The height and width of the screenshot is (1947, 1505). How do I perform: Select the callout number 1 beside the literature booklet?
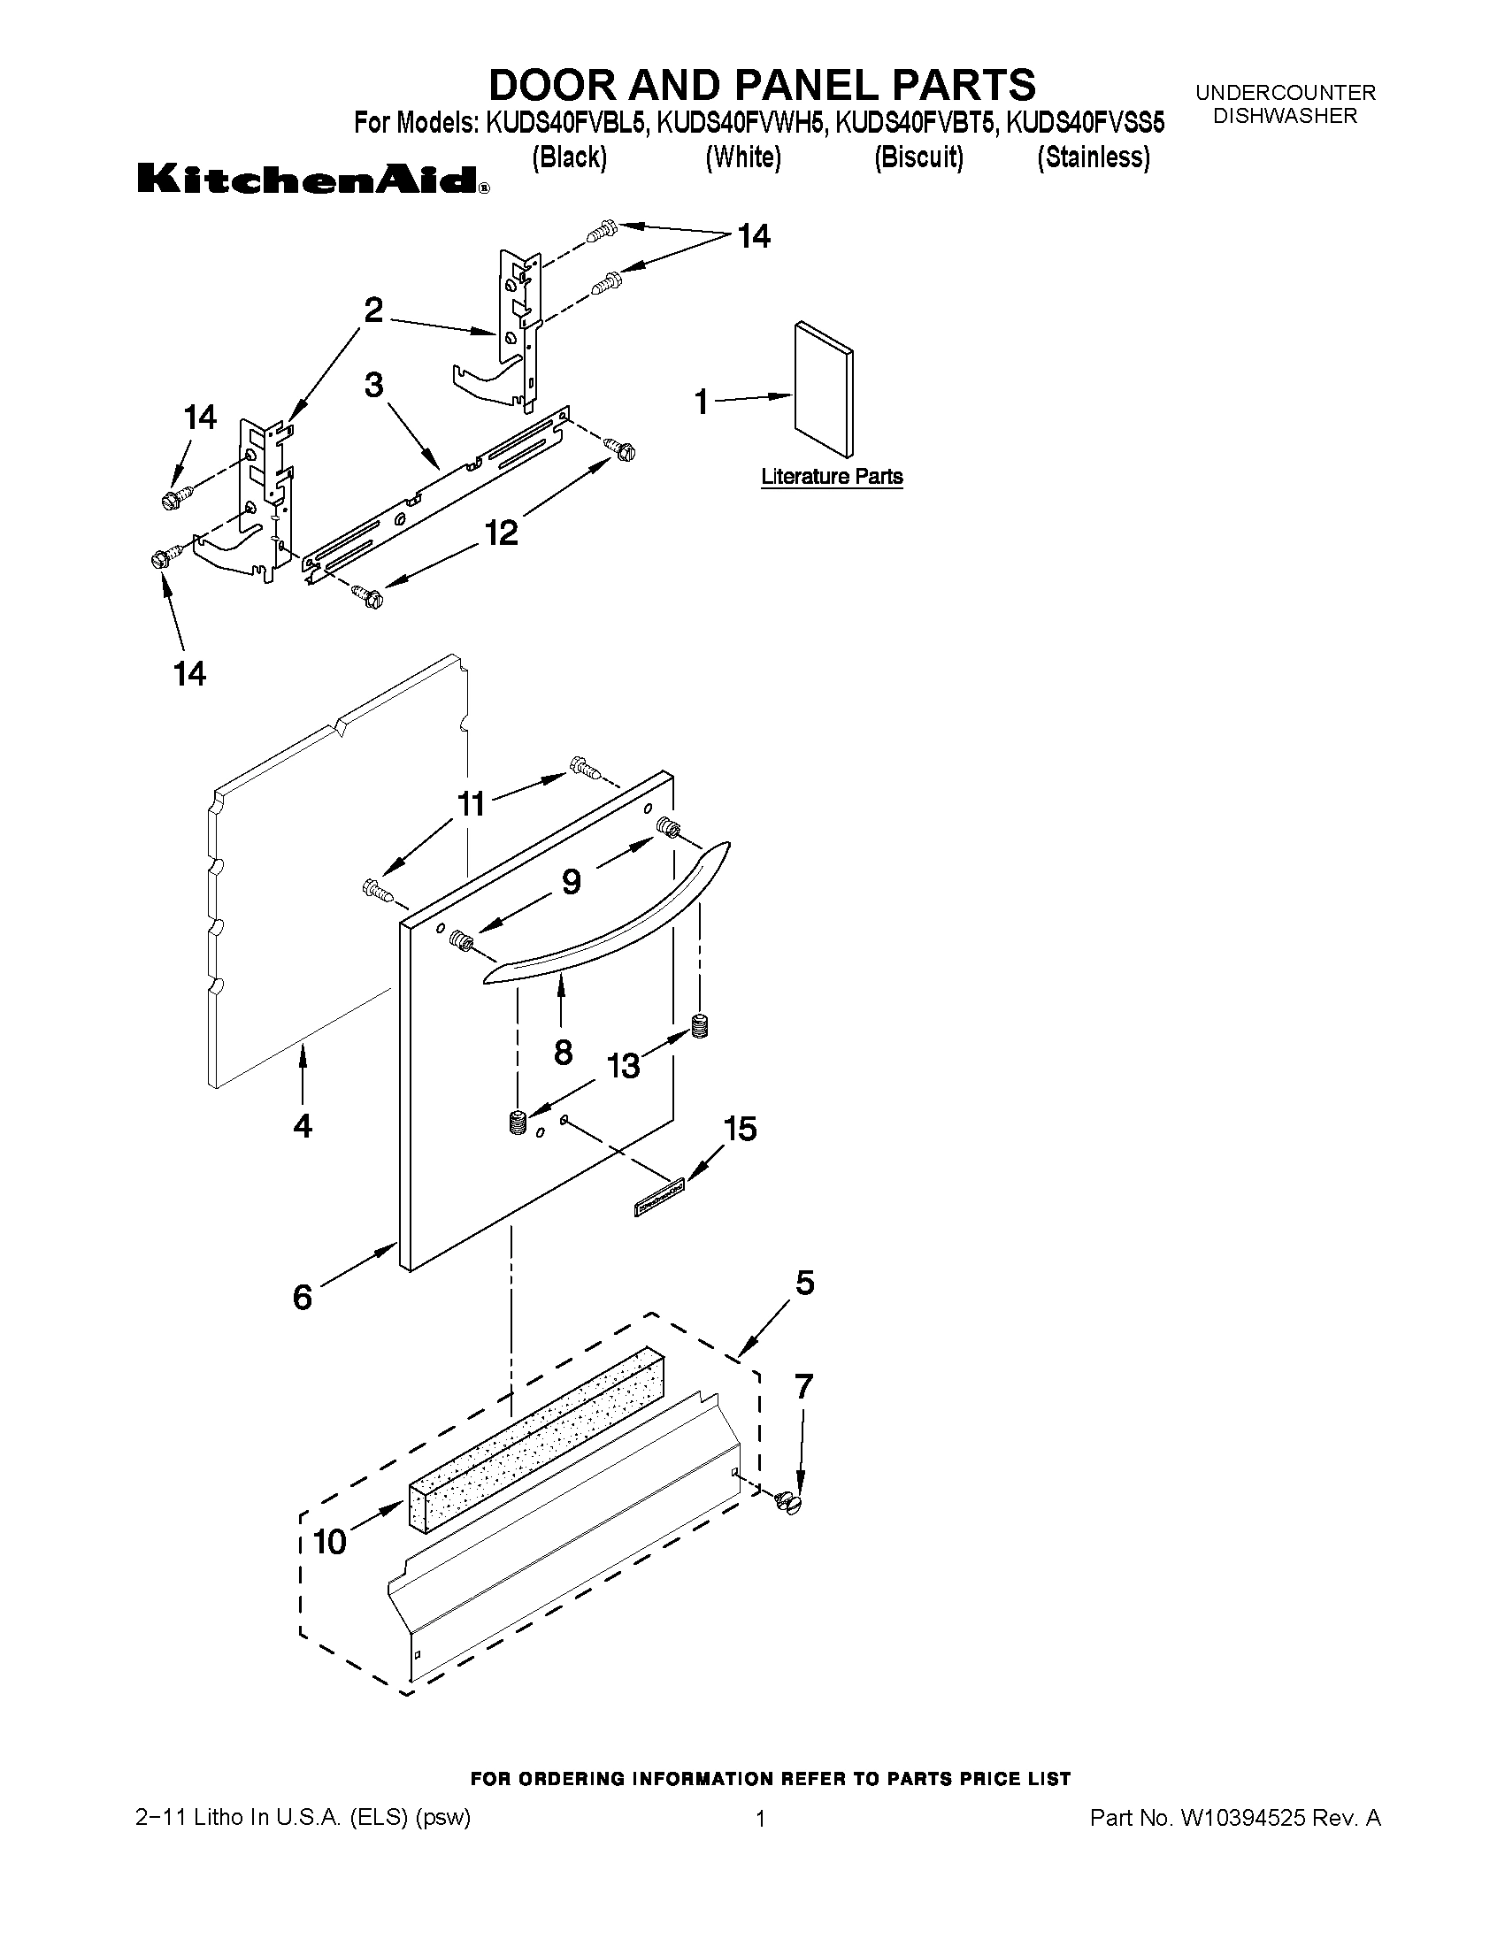(x=702, y=402)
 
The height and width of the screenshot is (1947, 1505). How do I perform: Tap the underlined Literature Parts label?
(x=831, y=477)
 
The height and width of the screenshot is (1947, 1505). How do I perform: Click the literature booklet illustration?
(x=823, y=389)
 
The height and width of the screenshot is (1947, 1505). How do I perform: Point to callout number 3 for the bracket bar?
(x=373, y=385)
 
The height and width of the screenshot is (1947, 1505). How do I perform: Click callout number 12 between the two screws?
(x=501, y=533)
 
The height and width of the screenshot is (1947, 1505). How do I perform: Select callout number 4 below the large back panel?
(x=303, y=1126)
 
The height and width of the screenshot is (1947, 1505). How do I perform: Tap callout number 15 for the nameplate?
(x=740, y=1129)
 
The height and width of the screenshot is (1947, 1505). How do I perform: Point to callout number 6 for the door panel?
(x=303, y=1297)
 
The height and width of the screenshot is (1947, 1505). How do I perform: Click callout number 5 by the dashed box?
(x=804, y=1283)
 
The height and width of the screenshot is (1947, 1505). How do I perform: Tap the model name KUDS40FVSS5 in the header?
(x=1085, y=122)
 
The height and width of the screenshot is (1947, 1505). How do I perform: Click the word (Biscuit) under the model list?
(x=918, y=157)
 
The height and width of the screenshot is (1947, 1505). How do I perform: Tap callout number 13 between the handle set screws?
(x=623, y=1064)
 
